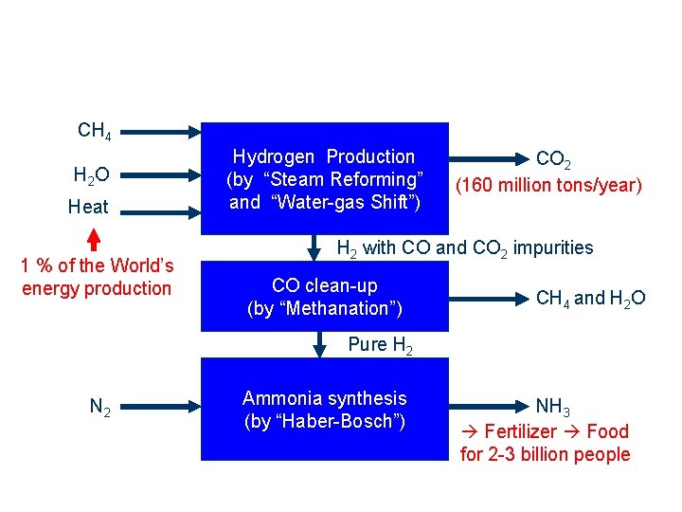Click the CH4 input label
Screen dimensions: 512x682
point(95,131)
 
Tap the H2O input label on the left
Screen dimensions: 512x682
point(91,174)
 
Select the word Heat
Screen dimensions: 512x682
point(88,207)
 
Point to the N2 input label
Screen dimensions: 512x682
point(99,408)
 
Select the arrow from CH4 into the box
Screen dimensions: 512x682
point(161,131)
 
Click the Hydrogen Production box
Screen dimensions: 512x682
point(324,179)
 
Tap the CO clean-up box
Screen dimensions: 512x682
point(324,296)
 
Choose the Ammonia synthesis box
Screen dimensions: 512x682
point(324,410)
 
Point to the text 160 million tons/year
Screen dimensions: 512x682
point(549,185)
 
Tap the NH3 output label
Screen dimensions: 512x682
point(552,409)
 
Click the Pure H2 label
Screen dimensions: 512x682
point(380,345)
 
